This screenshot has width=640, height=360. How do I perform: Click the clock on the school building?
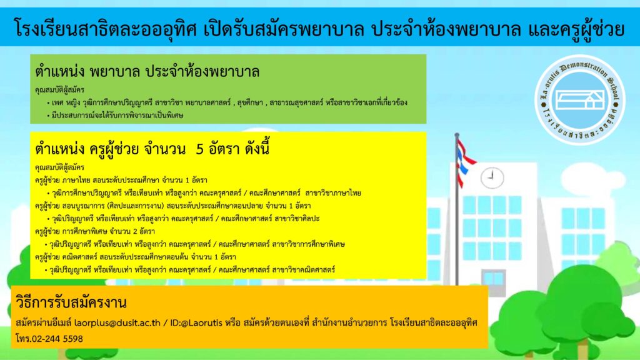coord(492,177)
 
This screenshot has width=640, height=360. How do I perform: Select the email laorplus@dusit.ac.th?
coord(117,323)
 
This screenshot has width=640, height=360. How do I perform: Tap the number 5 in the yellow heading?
coord(199,149)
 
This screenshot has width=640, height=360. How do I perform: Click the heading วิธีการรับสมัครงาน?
coord(71,302)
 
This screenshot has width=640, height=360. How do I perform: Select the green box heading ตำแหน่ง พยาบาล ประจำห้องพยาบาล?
coord(147,72)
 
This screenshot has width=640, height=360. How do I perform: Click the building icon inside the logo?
coord(580,99)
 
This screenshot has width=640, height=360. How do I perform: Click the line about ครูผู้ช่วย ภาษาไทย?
coord(121,181)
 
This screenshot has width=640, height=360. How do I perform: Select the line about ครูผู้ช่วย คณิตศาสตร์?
coord(136,257)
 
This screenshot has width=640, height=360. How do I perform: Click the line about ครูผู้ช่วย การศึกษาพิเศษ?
coord(95,231)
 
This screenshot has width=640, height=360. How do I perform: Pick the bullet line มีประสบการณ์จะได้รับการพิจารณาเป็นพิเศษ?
coord(115,116)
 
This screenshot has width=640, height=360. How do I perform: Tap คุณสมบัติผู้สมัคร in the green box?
coord(59,90)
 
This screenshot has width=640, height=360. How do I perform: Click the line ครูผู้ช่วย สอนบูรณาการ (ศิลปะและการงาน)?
coord(172,206)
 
